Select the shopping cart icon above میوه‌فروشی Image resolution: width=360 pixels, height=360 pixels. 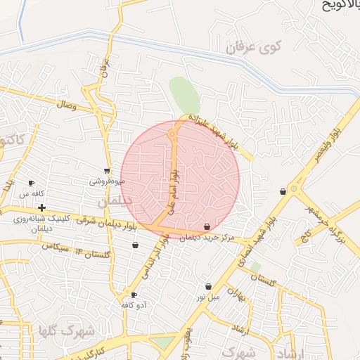(107, 170)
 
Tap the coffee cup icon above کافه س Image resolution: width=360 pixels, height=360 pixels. (31, 183)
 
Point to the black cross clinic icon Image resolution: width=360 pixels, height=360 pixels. (42, 207)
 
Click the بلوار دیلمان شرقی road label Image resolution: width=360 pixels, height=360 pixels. (112, 225)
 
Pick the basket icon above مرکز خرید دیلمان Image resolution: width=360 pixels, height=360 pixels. (207, 226)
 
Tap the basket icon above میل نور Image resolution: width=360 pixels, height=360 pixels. (209, 286)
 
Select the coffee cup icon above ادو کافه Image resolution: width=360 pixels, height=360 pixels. (134, 295)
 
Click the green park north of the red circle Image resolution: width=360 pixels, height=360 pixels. (184, 94)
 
